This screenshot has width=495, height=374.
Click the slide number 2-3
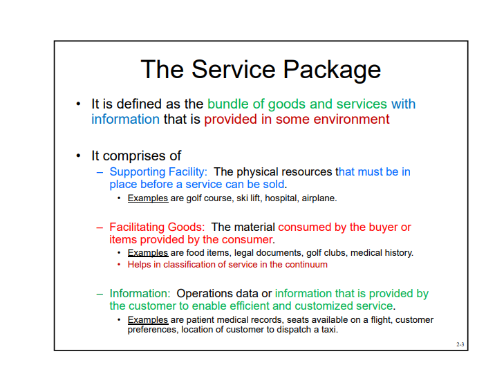(460, 344)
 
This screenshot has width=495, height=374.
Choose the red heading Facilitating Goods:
(157, 227)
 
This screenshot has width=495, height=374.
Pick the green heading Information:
(140, 294)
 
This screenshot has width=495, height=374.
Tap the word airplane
(319, 198)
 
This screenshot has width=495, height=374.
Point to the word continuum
(307, 264)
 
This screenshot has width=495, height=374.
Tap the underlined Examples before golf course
(148, 198)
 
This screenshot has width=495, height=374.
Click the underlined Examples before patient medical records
(148, 320)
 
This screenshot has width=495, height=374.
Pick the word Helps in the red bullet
(139, 264)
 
